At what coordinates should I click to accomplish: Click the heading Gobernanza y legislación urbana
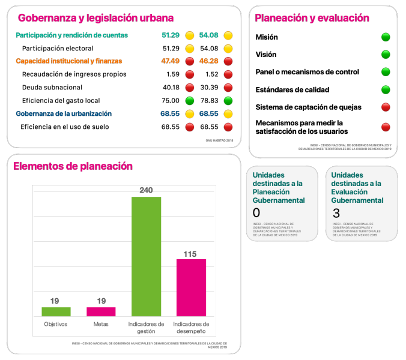(x=95, y=18)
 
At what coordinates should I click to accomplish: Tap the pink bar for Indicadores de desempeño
(x=191, y=287)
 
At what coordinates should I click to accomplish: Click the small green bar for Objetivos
(x=56, y=311)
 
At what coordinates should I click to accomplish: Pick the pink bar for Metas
(x=101, y=311)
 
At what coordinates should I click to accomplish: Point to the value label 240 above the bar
(x=146, y=190)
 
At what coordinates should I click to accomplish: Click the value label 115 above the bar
(x=190, y=254)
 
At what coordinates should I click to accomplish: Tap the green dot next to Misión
(x=386, y=37)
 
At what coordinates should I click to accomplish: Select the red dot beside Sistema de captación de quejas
(x=386, y=107)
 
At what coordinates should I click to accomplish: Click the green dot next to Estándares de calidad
(x=386, y=90)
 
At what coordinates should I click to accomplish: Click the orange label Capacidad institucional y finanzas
(x=68, y=61)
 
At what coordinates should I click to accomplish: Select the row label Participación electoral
(x=58, y=48)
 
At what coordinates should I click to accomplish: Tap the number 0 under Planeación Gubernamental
(x=256, y=213)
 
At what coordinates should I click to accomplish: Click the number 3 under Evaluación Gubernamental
(x=336, y=213)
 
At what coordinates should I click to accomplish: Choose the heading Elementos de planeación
(x=73, y=166)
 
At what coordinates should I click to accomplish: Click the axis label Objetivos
(x=55, y=324)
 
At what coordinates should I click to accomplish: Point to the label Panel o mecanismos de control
(x=307, y=72)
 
